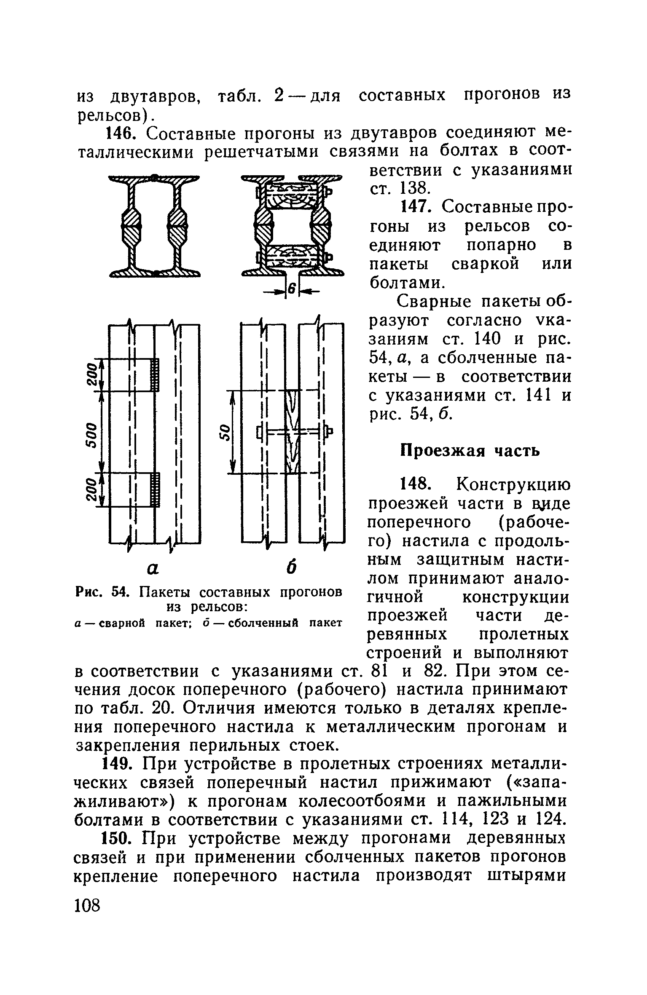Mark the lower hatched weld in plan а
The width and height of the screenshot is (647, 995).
coord(156,489)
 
